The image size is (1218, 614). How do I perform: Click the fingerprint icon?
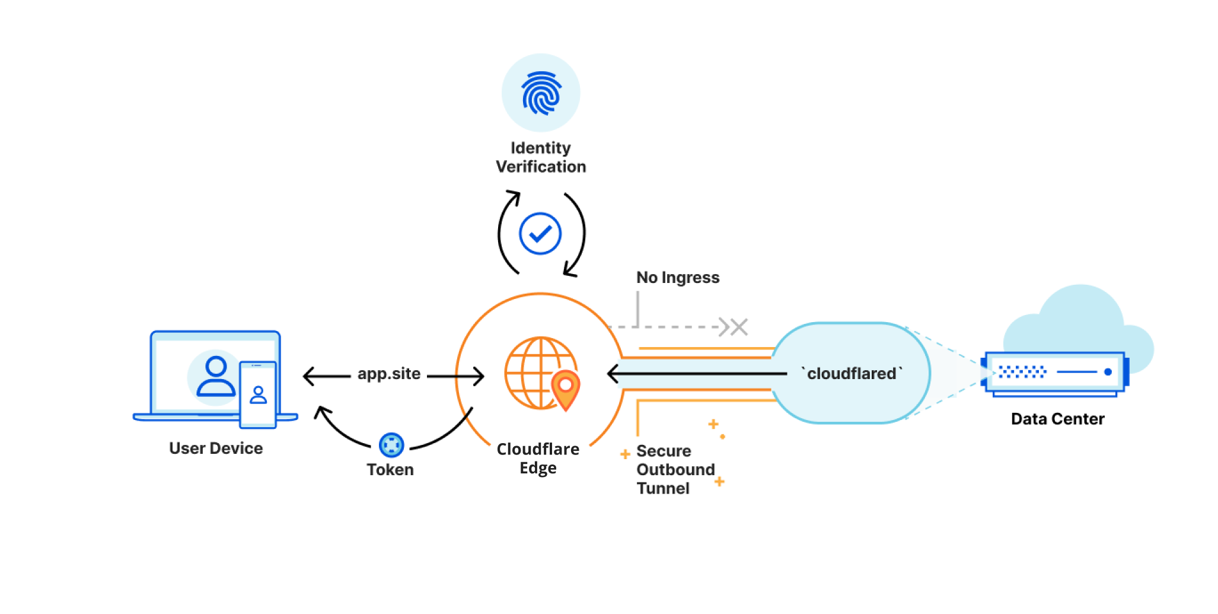click(x=541, y=93)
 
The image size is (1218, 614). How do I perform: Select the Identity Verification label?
click(x=541, y=157)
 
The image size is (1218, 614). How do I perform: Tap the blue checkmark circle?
click(x=540, y=234)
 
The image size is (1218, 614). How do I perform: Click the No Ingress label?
click(x=678, y=278)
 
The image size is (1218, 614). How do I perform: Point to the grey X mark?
click(x=739, y=327)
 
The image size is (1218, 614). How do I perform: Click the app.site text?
click(x=389, y=374)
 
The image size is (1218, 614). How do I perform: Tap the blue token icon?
click(x=391, y=445)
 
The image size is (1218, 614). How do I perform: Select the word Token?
click(x=390, y=470)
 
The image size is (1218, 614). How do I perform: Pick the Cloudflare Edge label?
click(x=538, y=459)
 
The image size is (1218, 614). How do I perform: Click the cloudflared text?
click(x=852, y=374)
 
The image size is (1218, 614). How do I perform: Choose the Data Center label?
click(x=1057, y=419)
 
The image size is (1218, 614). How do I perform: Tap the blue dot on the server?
click(x=1108, y=372)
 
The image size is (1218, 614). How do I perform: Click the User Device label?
click(x=216, y=448)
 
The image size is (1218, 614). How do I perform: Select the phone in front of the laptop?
click(x=258, y=395)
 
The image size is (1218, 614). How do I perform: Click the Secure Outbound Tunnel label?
click(x=675, y=469)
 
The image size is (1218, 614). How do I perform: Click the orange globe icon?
click(x=534, y=373)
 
